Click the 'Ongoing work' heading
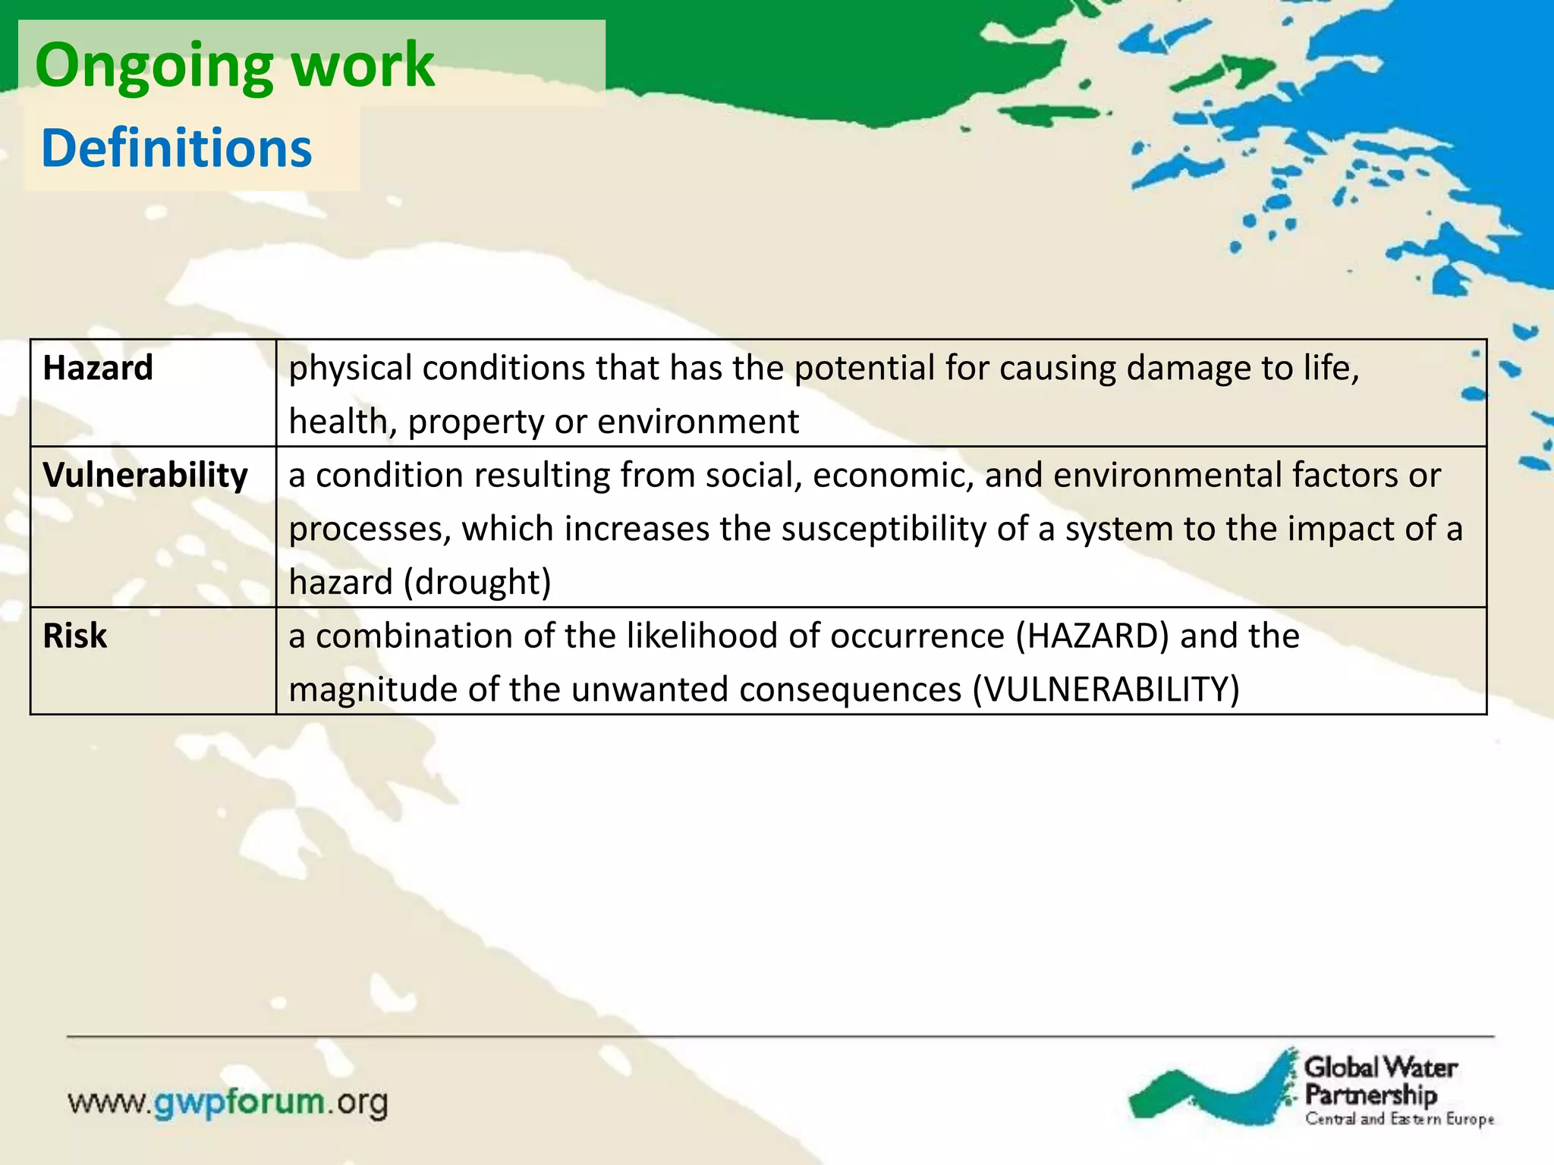[234, 66]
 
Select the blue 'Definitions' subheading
[176, 148]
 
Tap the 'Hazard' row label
[98, 368]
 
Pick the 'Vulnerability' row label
[145, 476]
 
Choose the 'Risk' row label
[74, 636]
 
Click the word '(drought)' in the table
[477, 582]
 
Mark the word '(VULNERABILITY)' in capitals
[1106, 689]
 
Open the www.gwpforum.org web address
[228, 1102]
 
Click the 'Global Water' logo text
[1380, 1068]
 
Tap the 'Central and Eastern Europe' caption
[1399, 1119]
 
